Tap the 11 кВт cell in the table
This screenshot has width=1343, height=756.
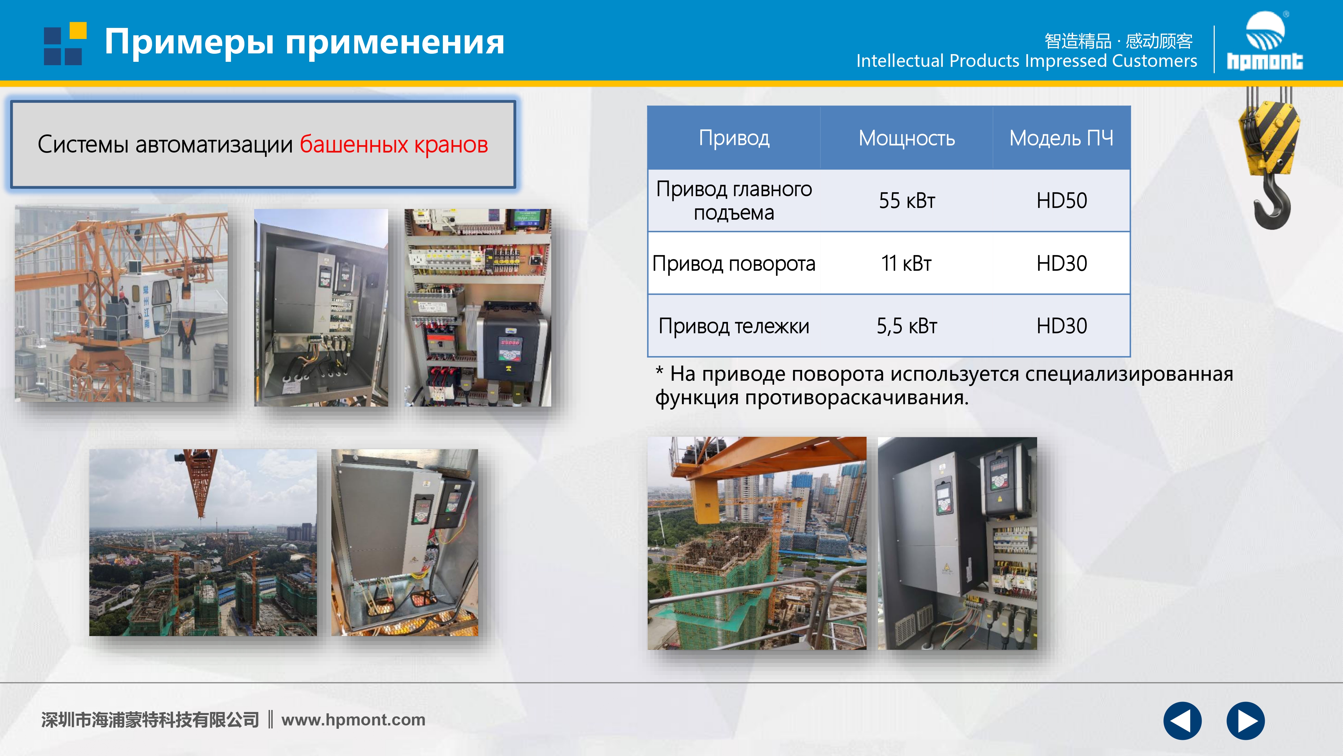pos(907,263)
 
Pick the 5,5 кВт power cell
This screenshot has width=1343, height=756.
pos(907,326)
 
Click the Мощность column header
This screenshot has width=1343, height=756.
pos(907,138)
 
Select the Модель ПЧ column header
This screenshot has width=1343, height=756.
pos(1061,138)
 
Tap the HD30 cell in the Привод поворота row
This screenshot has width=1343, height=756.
pos(1061,263)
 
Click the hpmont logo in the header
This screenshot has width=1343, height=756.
pos(1264,40)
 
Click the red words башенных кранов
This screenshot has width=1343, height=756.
pos(393,144)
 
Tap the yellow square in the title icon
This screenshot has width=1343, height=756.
pos(78,31)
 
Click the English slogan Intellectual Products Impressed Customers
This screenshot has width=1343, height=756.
pos(1026,61)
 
